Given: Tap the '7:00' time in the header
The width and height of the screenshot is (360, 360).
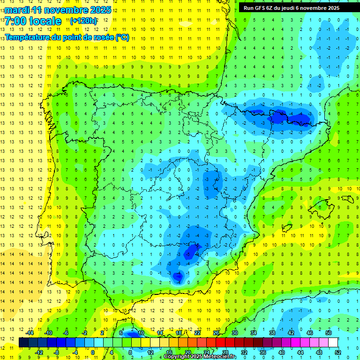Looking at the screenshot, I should [x=15, y=21].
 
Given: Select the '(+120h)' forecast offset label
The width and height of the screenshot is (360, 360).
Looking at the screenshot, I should [x=83, y=21].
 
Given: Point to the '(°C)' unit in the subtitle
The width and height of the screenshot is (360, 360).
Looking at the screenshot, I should [x=122, y=37].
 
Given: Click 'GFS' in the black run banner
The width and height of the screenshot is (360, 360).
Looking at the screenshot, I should [x=259, y=8].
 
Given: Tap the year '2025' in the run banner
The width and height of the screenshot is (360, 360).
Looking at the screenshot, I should [x=333, y=8].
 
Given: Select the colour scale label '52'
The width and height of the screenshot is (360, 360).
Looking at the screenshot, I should [x=338, y=352].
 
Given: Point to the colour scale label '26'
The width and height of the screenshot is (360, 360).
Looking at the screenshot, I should [x=216, y=333].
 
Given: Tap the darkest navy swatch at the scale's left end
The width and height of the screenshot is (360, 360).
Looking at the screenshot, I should [x=23, y=343].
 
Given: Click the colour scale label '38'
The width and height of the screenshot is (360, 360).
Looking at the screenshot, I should [x=272, y=333].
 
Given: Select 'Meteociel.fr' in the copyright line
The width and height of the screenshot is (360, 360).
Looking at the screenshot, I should [x=217, y=357].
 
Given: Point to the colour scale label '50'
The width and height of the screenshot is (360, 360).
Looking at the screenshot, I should [x=329, y=333].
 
